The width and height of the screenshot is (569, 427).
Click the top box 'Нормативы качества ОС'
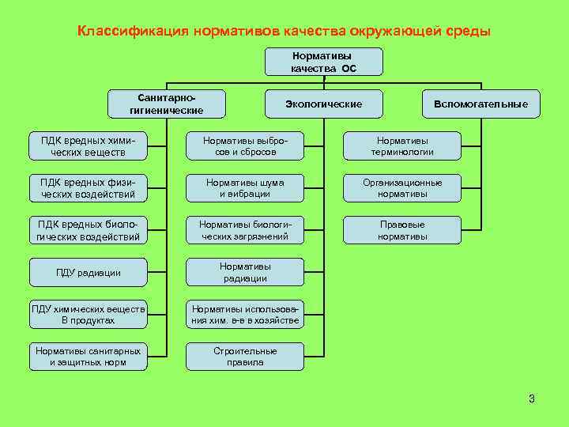pyautogui.click(x=324, y=62)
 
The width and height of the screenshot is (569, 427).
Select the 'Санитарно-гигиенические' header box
pyautogui.click(x=166, y=104)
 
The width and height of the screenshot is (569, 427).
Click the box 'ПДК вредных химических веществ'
pyautogui.click(x=88, y=145)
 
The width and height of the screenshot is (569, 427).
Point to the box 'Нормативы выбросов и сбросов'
pyautogui.click(x=245, y=145)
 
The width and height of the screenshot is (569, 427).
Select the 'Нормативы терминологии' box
pyautogui.click(x=402, y=145)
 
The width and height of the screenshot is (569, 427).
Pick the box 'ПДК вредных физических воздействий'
pyautogui.click(x=88, y=187)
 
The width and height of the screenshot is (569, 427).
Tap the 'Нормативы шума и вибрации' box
pyautogui.click(x=245, y=187)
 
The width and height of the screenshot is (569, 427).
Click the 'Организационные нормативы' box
pyautogui.click(x=402, y=187)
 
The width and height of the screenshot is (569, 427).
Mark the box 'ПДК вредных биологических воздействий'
pyautogui.click(x=88, y=229)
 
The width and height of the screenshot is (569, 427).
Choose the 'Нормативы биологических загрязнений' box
pyautogui.click(x=245, y=229)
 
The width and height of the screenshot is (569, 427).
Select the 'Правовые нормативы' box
pyautogui.click(x=402, y=229)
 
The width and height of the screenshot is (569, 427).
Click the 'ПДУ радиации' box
pyautogui.click(x=88, y=273)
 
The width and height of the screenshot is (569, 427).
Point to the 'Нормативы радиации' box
pyautogui.click(x=245, y=273)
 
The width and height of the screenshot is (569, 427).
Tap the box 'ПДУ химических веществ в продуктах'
pyautogui.click(x=88, y=315)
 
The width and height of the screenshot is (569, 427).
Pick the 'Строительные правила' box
pyautogui.click(x=245, y=357)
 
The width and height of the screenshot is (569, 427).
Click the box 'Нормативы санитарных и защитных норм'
pyautogui.click(x=88, y=357)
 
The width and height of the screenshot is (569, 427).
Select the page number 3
pyautogui.click(x=532, y=399)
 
